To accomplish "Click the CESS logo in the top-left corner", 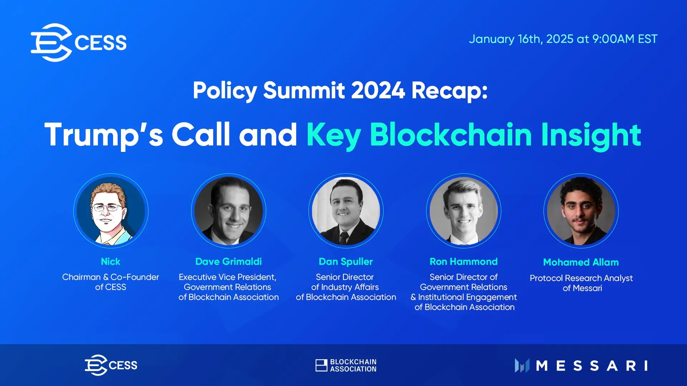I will coord(79,42).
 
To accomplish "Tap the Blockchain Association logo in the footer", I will coord(346,365).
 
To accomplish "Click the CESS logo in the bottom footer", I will coord(111,365).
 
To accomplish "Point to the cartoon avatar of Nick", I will coord(111,211).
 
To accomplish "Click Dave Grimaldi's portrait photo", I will coord(229,211).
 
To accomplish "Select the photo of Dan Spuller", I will coord(346,211).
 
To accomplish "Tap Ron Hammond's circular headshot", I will coord(464,211).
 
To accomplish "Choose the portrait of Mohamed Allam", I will coord(581,211).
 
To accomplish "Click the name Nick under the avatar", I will coord(111,262).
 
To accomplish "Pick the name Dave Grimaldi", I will coord(229,262).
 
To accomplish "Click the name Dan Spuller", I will coord(346,262).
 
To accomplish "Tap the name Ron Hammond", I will coord(464,262).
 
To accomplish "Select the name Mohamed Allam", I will coord(581,262).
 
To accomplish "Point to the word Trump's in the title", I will coord(104,134).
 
